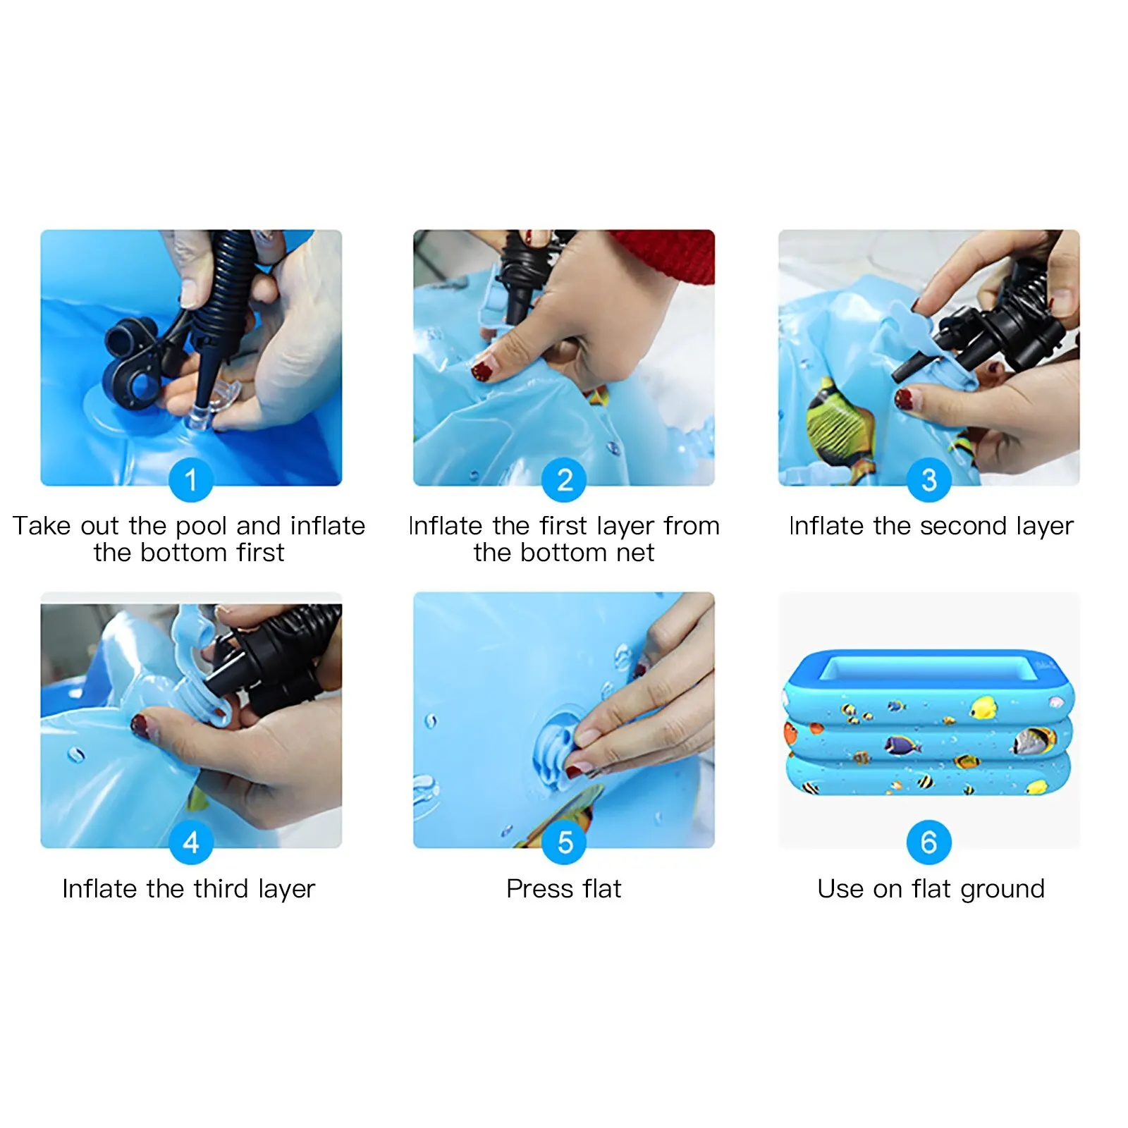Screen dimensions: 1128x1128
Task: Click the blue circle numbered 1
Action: pos(190,480)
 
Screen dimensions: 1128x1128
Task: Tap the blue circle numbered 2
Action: pos(563,480)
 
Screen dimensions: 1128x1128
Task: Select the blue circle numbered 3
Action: pos(928,480)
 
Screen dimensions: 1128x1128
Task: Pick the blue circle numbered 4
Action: pos(190,842)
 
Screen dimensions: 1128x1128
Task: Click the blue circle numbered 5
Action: pos(563,842)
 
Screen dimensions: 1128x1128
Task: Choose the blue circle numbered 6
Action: pos(928,842)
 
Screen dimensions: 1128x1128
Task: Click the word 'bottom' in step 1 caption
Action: pos(187,553)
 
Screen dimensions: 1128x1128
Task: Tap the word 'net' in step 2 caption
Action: pos(634,553)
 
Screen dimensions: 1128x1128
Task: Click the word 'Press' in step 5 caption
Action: pos(540,889)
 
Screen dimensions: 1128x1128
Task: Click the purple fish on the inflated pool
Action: pos(902,744)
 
